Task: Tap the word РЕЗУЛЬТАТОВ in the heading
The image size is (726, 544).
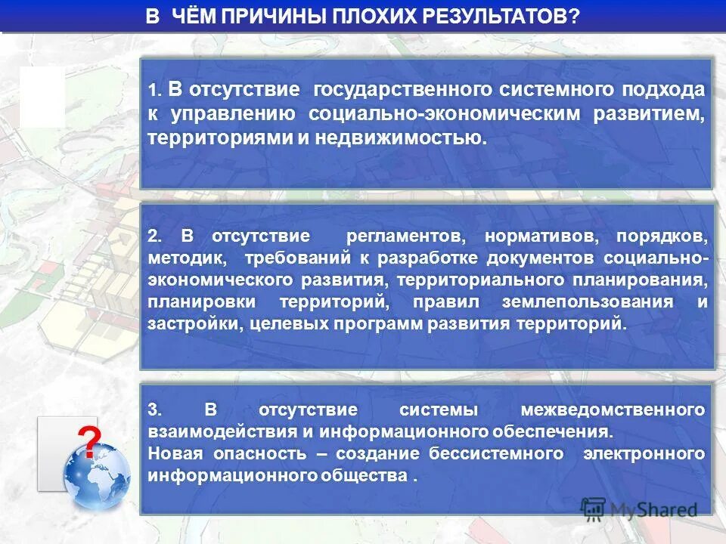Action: pyautogui.click(x=489, y=17)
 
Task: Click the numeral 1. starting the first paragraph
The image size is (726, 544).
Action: pyautogui.click(x=155, y=91)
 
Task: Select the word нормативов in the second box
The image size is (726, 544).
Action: pyautogui.click(x=541, y=236)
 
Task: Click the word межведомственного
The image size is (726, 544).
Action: pyautogui.click(x=613, y=410)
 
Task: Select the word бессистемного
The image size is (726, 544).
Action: pyautogui.click(x=496, y=454)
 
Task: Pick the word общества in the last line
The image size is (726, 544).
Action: pyautogui.click(x=370, y=476)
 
